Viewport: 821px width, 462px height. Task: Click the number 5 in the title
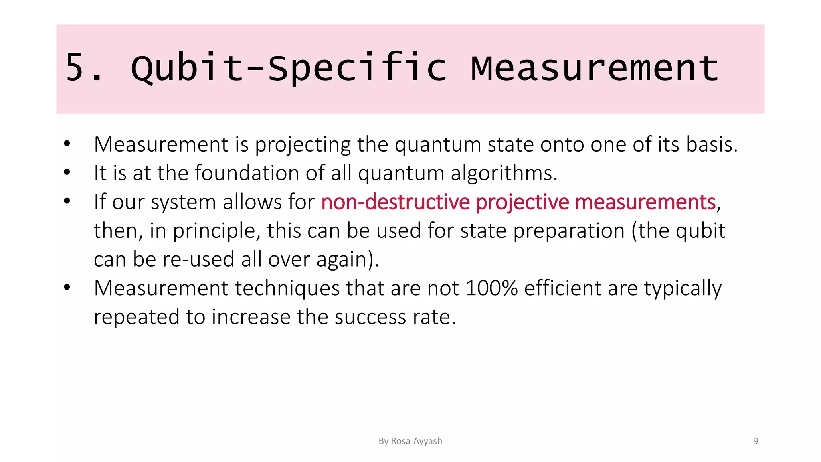coord(75,67)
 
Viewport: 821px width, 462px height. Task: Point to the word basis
coord(712,144)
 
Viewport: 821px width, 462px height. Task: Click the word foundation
coord(247,173)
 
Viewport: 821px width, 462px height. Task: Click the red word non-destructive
coord(395,202)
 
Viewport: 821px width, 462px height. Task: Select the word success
coord(370,317)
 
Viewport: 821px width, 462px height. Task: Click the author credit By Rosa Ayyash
coord(410,441)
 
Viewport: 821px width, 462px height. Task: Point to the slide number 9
coord(756,441)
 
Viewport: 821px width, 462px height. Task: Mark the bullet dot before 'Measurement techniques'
coord(67,288)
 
